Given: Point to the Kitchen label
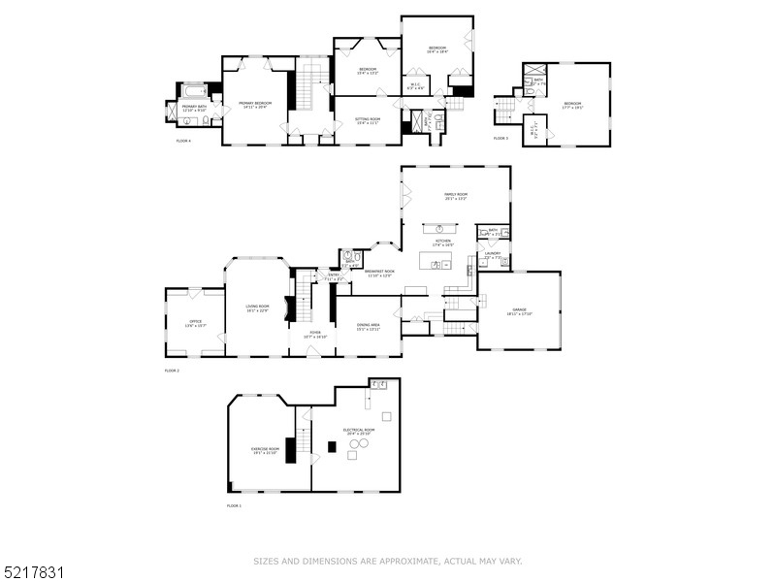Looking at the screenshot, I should tap(442, 241).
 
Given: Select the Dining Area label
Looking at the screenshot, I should tap(368, 327).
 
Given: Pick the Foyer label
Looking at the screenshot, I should tap(314, 336).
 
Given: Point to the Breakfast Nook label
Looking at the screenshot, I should tap(379, 273).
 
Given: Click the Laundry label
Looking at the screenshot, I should tap(493, 255).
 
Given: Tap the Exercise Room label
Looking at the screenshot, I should tap(265, 450).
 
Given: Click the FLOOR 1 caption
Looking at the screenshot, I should tap(234, 505).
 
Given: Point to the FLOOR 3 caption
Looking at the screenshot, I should tap(501, 139).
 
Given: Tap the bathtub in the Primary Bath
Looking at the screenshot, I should tap(193, 90).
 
